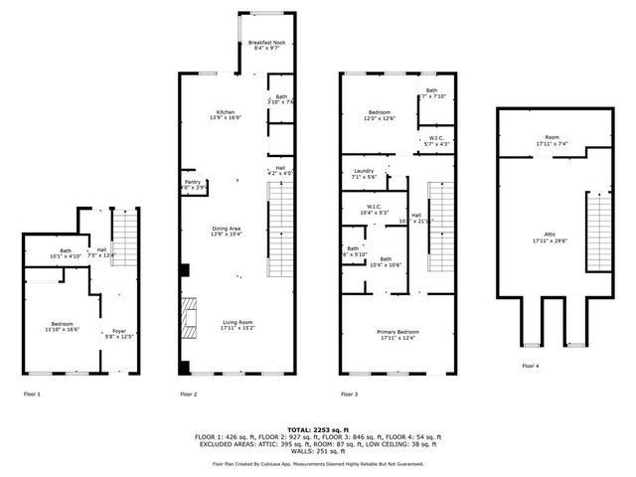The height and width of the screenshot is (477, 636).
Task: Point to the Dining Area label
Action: (x=227, y=232)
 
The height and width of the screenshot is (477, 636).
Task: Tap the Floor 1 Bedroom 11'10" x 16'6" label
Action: (x=64, y=325)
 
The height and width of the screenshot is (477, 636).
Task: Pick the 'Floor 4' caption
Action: (x=532, y=366)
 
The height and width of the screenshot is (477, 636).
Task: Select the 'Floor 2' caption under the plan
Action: (x=188, y=395)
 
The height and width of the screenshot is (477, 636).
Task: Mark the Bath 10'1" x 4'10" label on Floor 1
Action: (x=66, y=253)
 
